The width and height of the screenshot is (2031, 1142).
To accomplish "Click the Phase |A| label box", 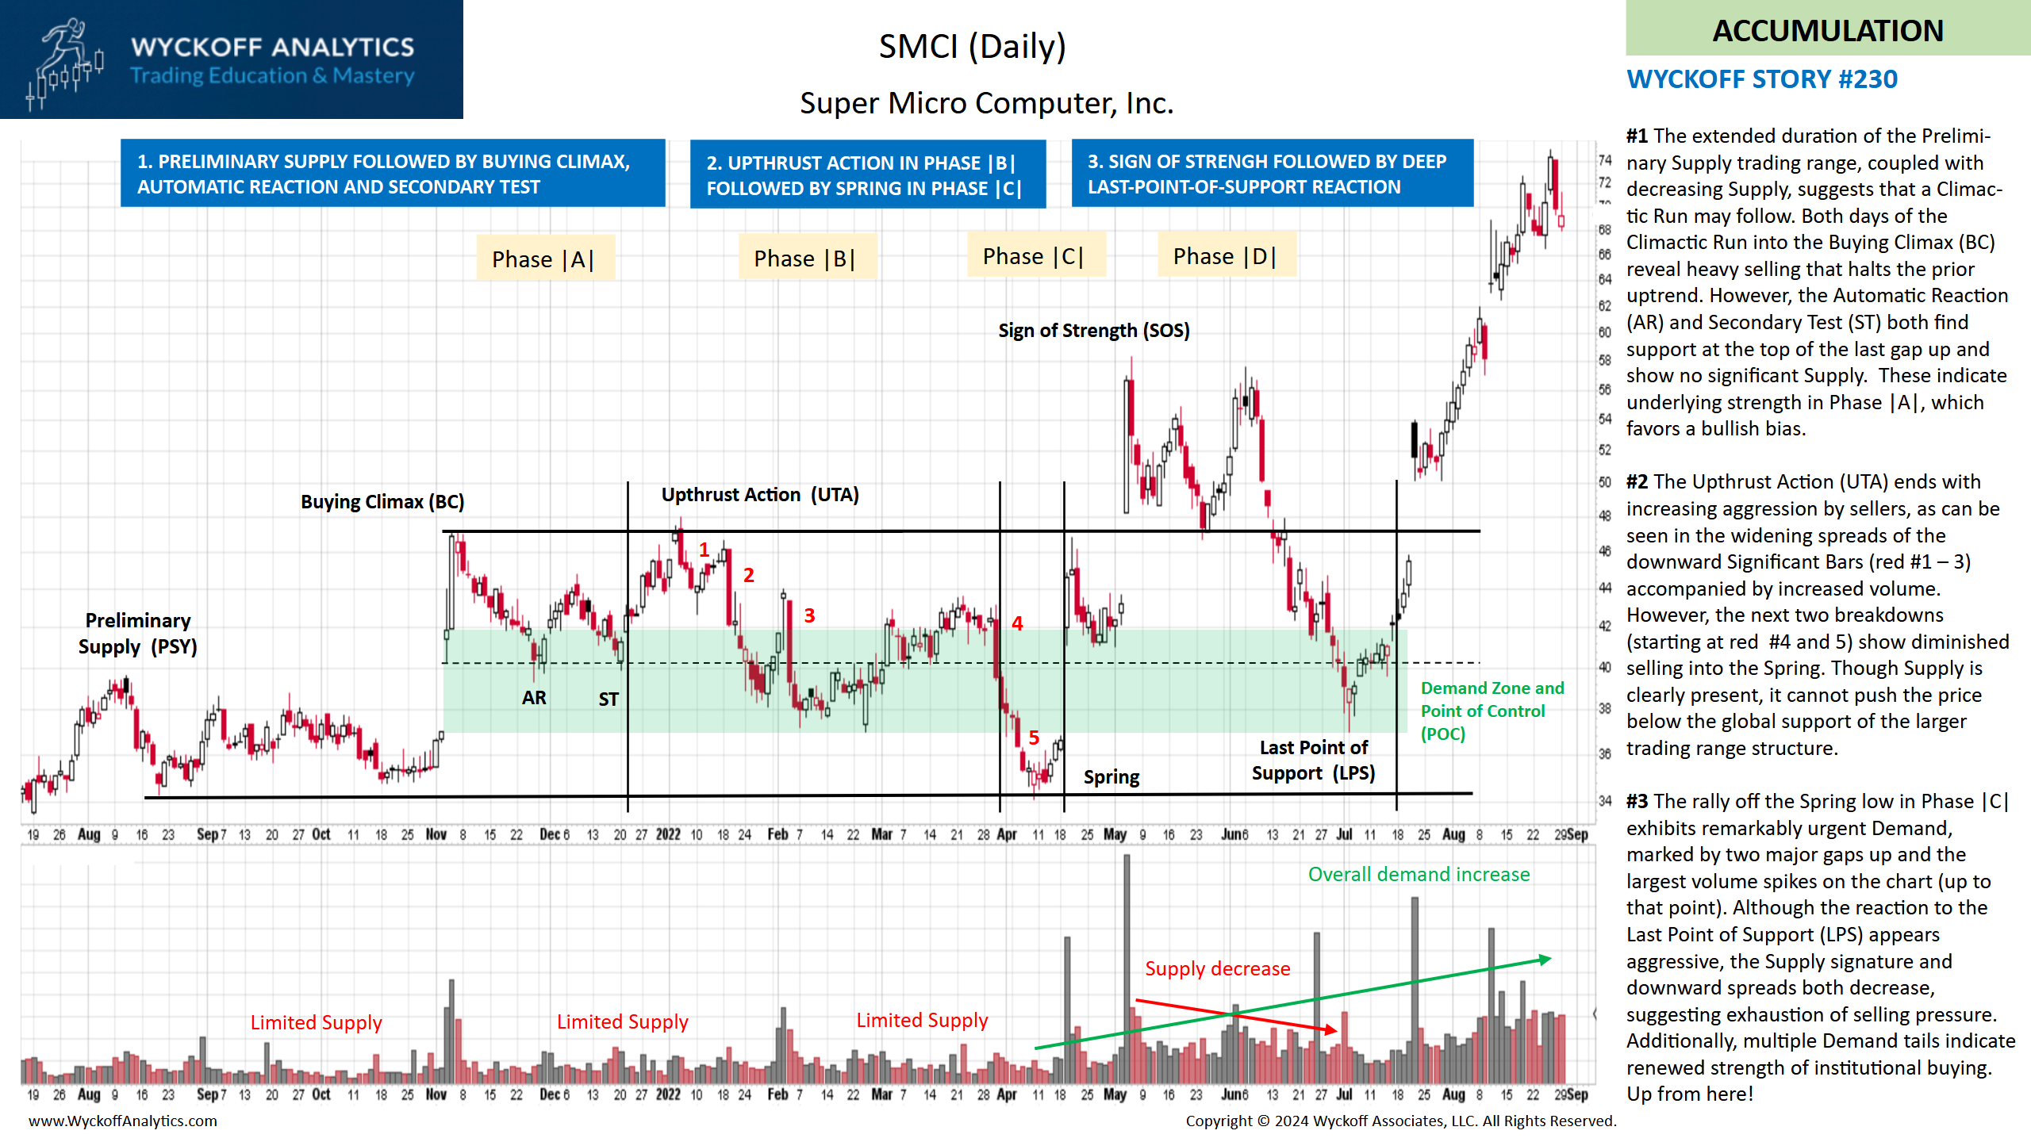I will (544, 259).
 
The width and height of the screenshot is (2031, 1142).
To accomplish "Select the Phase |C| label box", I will (1034, 256).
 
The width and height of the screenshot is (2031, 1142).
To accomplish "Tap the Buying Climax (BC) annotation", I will (382, 501).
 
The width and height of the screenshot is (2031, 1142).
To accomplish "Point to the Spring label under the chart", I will (1111, 776).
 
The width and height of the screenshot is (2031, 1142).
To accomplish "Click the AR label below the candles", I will (534, 697).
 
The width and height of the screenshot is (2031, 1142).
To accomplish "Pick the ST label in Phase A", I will (609, 699).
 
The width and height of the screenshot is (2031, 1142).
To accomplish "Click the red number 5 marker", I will (1034, 738).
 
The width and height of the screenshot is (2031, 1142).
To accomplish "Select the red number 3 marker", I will (809, 615).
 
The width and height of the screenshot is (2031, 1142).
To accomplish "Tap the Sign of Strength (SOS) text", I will (1094, 330).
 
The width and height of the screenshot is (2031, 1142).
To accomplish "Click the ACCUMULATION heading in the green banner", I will (1828, 30).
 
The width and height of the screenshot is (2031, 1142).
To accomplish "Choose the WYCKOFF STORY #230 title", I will (1762, 79).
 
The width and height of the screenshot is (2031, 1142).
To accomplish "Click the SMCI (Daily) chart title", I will (972, 46).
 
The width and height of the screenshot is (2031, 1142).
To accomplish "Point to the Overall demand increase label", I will (1419, 874).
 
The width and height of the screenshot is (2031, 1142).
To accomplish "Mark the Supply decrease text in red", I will (1217, 968).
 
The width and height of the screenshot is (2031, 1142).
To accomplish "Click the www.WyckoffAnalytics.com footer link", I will (123, 1121).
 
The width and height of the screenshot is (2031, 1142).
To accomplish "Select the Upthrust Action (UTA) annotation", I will (760, 494).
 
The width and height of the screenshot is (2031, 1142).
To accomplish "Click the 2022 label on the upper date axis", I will (668, 834).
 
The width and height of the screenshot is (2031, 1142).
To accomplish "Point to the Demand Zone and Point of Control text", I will (1492, 710).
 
